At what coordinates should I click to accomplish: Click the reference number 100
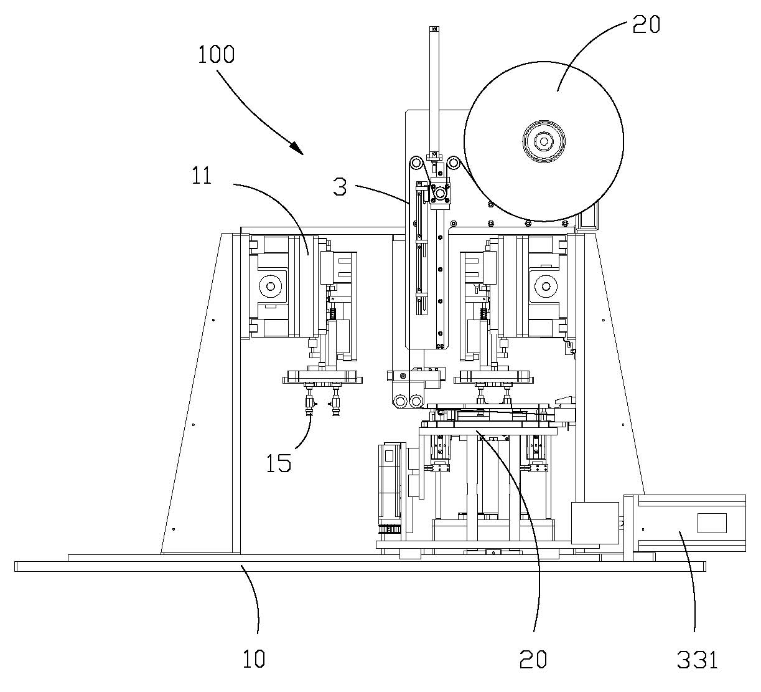tap(217, 54)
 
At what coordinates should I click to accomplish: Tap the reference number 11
tap(202, 176)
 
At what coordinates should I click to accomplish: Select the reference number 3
tap(340, 187)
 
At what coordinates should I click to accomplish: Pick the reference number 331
tap(698, 660)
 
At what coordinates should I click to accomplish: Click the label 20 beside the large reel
tap(646, 24)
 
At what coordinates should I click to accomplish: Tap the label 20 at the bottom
tap(533, 659)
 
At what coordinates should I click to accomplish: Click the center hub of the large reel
tap(544, 141)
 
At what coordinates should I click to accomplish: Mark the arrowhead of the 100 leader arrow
tap(298, 149)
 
